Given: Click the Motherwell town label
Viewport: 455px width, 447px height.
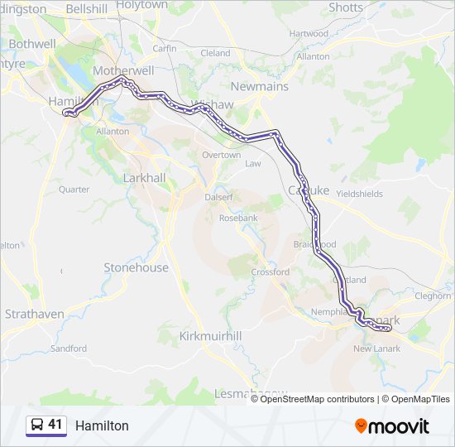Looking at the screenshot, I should coord(124,70).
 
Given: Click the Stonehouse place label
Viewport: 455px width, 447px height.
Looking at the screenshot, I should coord(136,267).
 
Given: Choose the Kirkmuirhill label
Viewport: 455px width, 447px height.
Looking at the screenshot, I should coord(210,336).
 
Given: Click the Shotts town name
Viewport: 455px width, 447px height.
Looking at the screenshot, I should coord(345,7).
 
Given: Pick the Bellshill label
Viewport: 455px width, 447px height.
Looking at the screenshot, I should coord(87,8).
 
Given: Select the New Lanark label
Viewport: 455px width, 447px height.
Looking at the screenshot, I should coord(376,348).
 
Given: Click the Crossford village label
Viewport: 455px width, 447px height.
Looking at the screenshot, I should coord(270,272).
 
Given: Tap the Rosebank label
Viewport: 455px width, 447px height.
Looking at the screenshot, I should coord(238,218).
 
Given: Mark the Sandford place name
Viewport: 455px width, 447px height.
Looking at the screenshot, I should coord(69,348).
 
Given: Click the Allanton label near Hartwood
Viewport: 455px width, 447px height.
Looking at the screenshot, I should coord(312,56).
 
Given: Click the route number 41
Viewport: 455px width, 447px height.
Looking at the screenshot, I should coord(55,425).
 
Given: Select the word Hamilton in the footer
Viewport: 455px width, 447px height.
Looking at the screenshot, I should coord(102,425).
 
